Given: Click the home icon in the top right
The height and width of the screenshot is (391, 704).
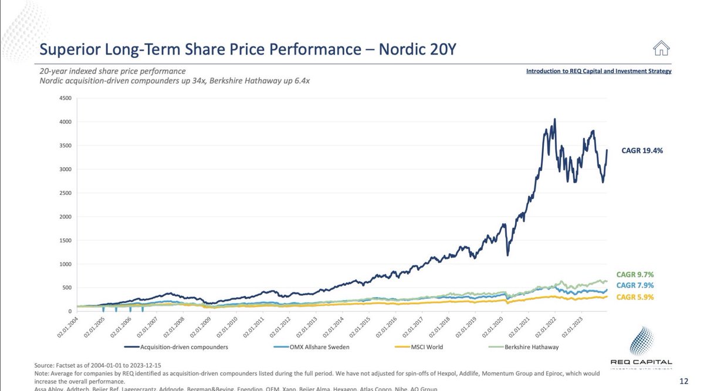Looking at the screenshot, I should pos(662,48).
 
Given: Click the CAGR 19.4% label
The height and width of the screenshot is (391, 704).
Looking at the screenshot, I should pos(642,151).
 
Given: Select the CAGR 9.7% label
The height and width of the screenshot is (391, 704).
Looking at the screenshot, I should pos(634,275).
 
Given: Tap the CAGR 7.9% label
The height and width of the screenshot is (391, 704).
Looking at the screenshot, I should pos(634,285).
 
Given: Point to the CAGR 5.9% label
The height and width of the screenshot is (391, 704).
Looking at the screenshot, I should pos(634,297).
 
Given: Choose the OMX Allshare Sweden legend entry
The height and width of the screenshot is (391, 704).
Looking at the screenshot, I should pos(312,347).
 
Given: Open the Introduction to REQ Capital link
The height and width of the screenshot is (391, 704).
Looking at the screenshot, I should pos(598,71).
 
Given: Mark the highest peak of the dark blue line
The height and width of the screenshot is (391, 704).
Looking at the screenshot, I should pos(554,119).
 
